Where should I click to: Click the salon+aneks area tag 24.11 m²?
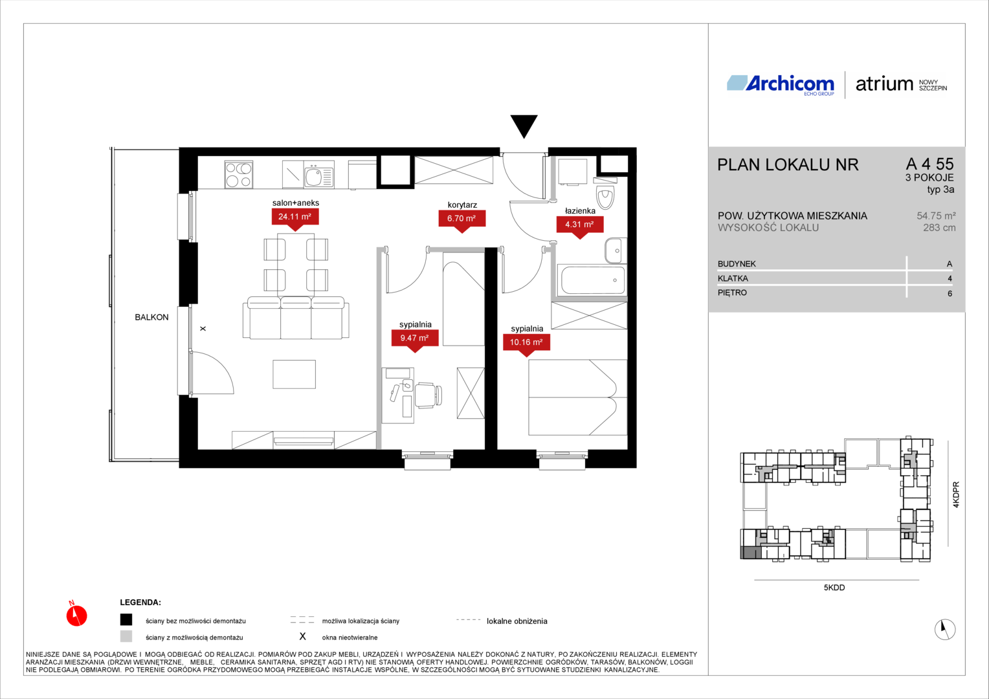click(x=295, y=217)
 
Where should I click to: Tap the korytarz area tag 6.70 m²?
click(x=462, y=219)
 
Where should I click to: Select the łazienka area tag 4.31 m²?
click(x=580, y=225)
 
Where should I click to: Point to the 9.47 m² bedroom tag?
click(x=415, y=338)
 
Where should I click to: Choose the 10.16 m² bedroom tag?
click(x=526, y=342)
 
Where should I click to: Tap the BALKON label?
click(x=151, y=317)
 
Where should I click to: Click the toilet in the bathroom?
click(x=605, y=194)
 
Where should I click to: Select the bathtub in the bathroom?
click(x=592, y=280)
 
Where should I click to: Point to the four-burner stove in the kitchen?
click(x=239, y=174)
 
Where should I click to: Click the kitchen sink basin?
click(x=314, y=177)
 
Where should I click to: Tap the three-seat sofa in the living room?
click(x=296, y=318)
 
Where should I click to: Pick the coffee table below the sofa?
click(x=294, y=375)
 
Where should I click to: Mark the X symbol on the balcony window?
click(x=203, y=329)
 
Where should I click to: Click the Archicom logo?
click(x=781, y=85)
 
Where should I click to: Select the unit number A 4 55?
click(x=930, y=164)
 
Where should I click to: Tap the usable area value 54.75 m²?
click(x=936, y=216)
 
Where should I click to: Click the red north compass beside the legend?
click(x=76, y=615)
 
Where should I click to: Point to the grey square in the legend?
click(x=126, y=636)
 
